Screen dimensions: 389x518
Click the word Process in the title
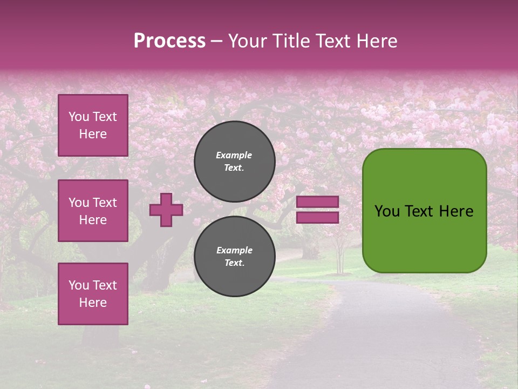pos(169,41)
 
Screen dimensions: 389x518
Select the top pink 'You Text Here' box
pos(93,125)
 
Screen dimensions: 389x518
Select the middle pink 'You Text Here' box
pos(93,211)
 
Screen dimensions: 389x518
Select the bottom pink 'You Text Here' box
pos(93,294)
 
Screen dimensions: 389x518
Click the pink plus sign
pos(166,210)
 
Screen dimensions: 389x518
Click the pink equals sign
pos(318,210)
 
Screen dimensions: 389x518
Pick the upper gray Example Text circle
pos(234,162)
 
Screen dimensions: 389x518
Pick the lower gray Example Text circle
pos(234,257)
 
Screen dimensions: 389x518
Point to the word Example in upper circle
pos(234,156)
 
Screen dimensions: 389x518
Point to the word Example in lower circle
pos(234,251)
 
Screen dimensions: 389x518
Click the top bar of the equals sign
pos(318,202)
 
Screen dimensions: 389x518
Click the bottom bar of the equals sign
pos(318,218)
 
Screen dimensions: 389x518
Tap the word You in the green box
pos(387,211)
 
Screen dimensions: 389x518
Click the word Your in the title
pos(248,41)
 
